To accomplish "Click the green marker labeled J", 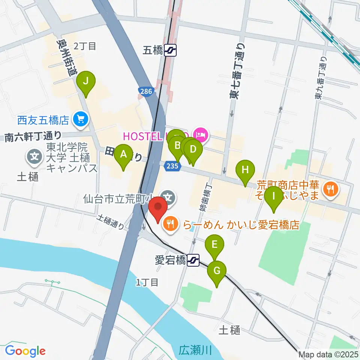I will [x=86, y=81].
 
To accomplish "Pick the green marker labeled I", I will [x=274, y=196].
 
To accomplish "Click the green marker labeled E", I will [x=214, y=245].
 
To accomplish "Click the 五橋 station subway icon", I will [x=171, y=50].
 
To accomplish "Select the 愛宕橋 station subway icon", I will [x=193, y=260].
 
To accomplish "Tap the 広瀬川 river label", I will [x=195, y=351].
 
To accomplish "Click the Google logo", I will [x=25, y=351].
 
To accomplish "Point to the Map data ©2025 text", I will [x=328, y=354].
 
